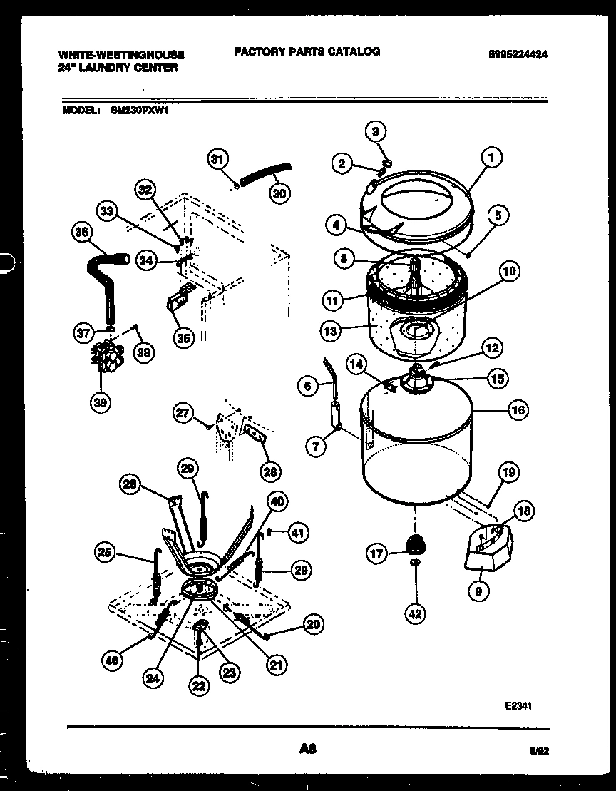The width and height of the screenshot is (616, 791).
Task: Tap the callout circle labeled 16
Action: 518,409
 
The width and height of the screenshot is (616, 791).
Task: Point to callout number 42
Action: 415,612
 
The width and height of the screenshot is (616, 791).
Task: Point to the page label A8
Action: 308,749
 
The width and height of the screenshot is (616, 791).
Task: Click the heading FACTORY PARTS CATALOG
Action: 306,51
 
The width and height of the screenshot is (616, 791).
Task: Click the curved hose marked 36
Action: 106,282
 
